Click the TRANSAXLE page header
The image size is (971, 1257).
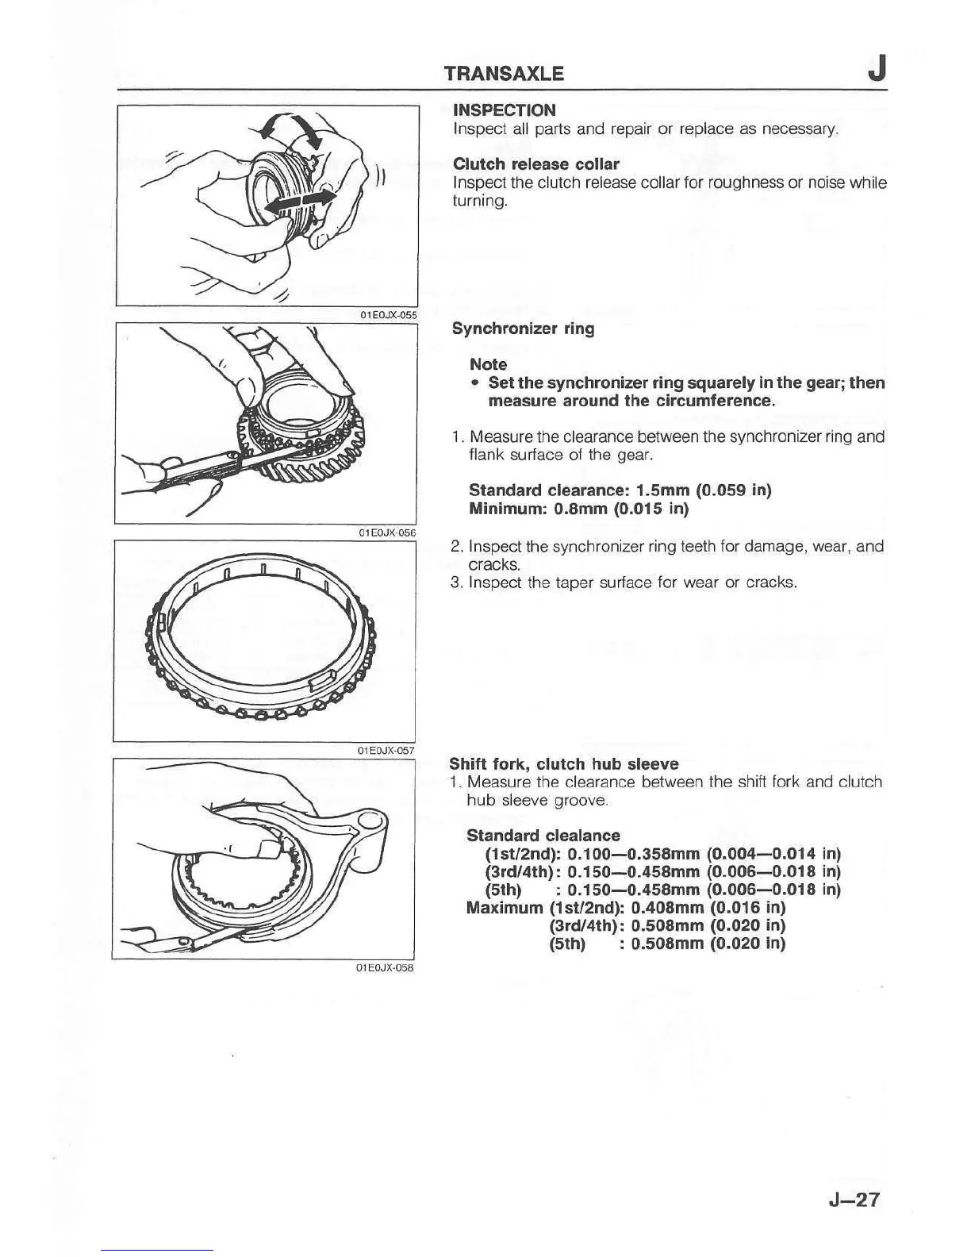coord(504,74)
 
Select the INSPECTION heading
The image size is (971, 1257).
coord(504,110)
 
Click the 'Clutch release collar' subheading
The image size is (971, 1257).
coord(535,164)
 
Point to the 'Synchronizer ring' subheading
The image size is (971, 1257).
coord(523,329)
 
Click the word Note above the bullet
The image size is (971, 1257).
coord(488,364)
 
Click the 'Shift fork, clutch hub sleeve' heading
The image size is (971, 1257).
coord(563,764)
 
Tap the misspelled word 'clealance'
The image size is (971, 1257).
coord(583,836)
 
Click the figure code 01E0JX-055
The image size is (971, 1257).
coord(388,315)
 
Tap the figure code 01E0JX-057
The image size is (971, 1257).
coord(386,750)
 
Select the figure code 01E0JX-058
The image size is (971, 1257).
coord(386,968)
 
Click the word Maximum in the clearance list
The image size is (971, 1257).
coord(504,907)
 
